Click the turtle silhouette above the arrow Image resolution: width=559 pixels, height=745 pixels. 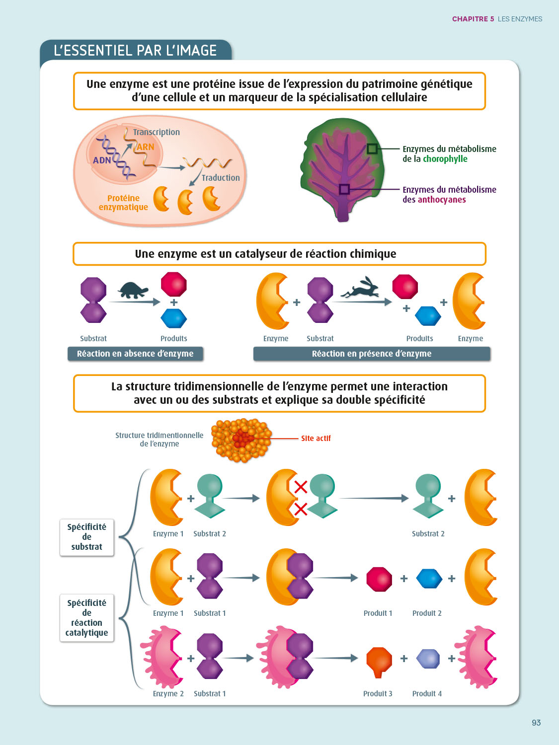[x=134, y=290]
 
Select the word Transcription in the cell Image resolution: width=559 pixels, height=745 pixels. [x=156, y=132]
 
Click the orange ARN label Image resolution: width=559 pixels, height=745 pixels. [x=145, y=147]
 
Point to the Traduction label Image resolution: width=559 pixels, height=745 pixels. [x=221, y=178]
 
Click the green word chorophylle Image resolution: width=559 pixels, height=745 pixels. [x=445, y=159]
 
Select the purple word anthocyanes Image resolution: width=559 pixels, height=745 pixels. [x=441, y=200]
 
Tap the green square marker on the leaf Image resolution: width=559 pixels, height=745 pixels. [x=372, y=149]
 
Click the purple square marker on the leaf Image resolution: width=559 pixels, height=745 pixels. [x=344, y=189]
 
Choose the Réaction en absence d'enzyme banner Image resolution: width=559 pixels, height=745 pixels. [x=135, y=354]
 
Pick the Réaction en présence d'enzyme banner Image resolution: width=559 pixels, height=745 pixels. [x=371, y=354]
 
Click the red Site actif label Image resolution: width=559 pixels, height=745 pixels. [x=316, y=439]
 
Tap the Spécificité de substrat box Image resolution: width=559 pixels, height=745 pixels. [x=86, y=537]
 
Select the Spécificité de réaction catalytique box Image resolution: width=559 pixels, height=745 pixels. [x=86, y=618]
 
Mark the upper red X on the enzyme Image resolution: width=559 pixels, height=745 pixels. [x=300, y=487]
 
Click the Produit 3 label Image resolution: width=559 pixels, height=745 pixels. [x=378, y=694]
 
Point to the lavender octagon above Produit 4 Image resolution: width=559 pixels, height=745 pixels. [x=427, y=659]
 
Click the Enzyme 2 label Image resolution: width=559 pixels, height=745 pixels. [x=168, y=694]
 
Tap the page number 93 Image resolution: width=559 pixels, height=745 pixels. [x=536, y=723]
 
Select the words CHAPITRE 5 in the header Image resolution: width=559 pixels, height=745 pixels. [x=473, y=19]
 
